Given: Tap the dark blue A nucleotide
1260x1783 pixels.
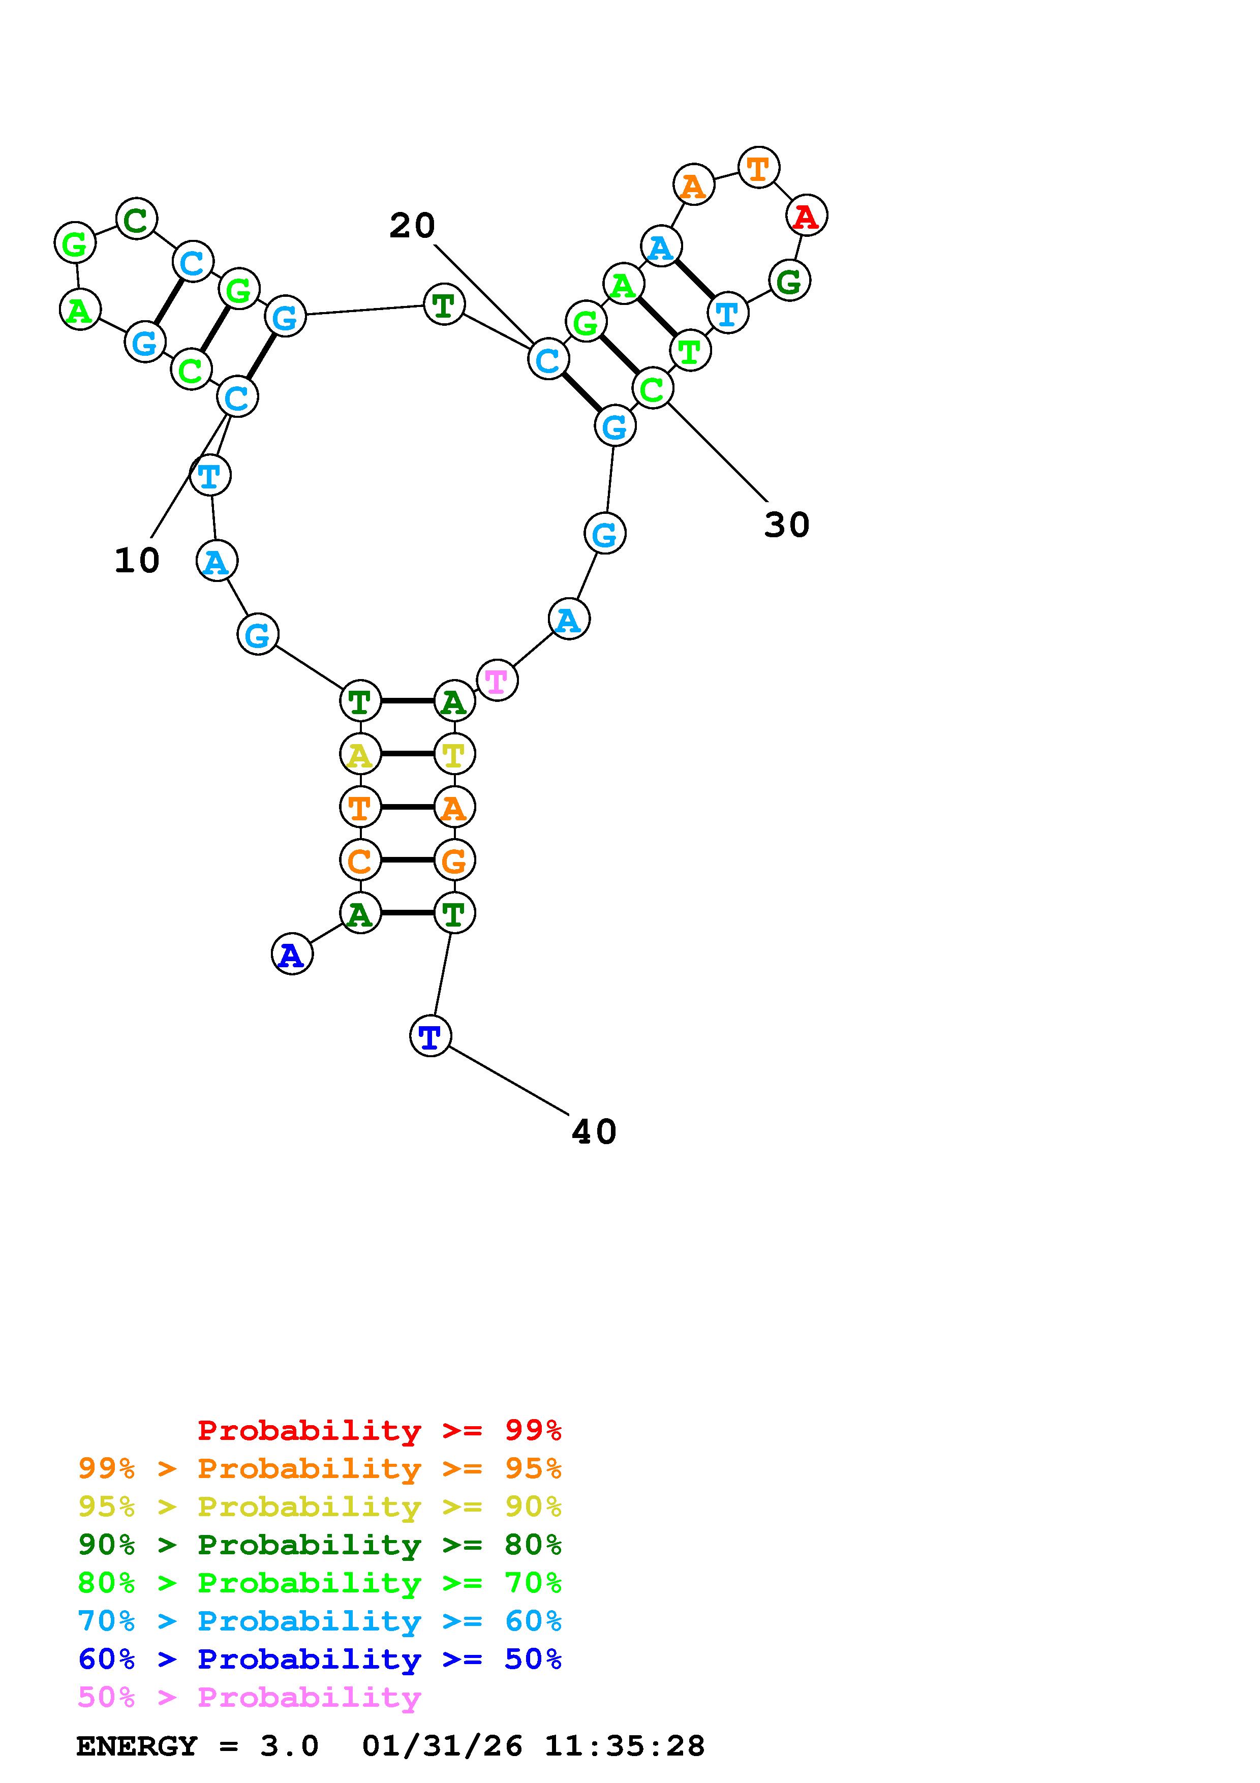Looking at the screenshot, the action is (x=292, y=955).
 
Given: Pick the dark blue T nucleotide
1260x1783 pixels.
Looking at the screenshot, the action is (x=430, y=1035).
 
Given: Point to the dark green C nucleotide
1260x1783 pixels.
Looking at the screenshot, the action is (x=137, y=219).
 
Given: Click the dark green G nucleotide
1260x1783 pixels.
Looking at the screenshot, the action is (x=789, y=281).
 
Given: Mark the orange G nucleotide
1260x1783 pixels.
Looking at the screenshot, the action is (x=454, y=860).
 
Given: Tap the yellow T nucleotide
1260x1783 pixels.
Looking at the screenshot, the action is (x=454, y=754).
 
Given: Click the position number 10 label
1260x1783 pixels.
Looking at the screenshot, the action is (x=137, y=561).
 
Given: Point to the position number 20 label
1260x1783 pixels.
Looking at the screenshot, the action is (x=412, y=226).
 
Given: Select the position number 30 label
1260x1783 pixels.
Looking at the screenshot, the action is (x=786, y=525).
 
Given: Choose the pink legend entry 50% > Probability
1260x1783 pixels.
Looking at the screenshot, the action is (x=249, y=1698).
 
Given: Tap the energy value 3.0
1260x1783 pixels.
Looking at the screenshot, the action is (x=289, y=1746).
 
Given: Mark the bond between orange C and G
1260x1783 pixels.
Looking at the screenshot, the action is (x=407, y=860).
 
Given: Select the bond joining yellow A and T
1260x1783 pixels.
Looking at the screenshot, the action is (x=407, y=754).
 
